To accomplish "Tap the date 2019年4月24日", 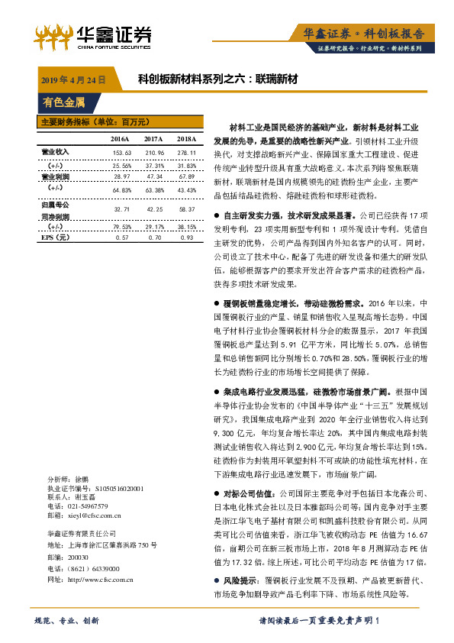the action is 72,79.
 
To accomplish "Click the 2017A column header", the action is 153,139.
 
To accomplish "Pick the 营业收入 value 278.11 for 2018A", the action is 187,152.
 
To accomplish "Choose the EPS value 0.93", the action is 187,237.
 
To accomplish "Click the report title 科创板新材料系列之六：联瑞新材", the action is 217,79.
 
